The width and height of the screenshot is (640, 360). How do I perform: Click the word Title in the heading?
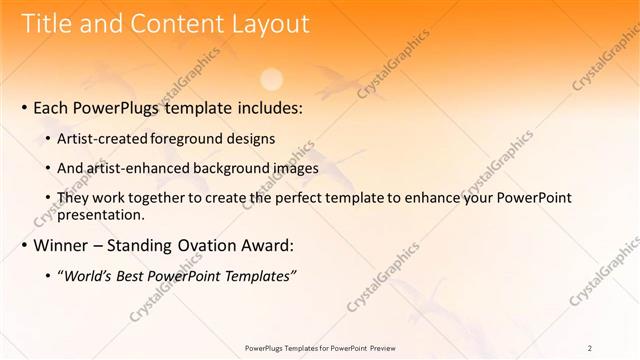47,24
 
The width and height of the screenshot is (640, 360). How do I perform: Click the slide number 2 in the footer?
590,348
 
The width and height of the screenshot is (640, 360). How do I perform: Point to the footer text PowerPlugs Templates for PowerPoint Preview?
319,348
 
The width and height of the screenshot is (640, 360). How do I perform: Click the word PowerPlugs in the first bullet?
119,107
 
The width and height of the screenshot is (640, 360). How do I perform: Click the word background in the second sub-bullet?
235,168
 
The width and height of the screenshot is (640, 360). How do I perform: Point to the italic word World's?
89,275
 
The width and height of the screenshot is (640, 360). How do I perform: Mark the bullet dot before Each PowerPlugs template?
24,108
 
